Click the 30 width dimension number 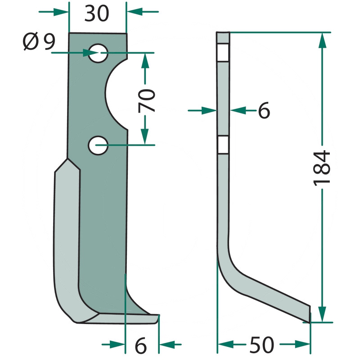(x=97, y=14)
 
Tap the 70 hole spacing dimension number (x=147, y=101)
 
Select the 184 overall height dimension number (x=321, y=167)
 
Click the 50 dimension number (x=262, y=345)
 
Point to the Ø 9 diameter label (x=39, y=41)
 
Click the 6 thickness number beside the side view (x=264, y=111)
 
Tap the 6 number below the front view (x=141, y=345)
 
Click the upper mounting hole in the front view (x=98, y=53)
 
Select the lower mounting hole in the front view (x=98, y=145)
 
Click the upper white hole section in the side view (x=223, y=52)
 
